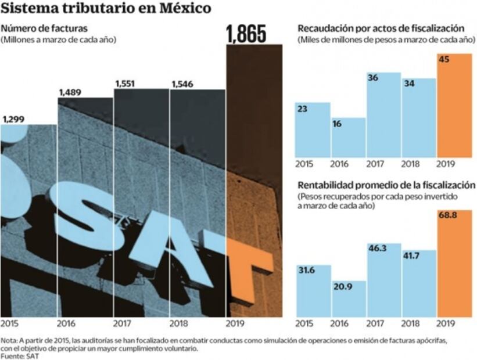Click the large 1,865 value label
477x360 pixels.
click(246, 34)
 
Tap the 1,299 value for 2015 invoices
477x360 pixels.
click(13, 120)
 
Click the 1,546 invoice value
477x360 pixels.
click(183, 85)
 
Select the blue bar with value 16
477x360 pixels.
click(349, 137)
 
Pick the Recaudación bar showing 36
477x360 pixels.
click(383, 115)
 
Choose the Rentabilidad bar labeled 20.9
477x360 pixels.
click(349, 299)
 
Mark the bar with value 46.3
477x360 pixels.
click(383, 280)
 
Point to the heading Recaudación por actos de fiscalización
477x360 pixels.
click(381, 28)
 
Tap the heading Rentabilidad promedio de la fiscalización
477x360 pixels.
click(386, 185)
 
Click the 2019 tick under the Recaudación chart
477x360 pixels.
click(446, 164)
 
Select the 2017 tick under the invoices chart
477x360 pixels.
click(123, 324)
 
